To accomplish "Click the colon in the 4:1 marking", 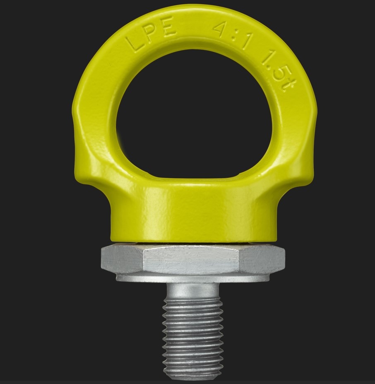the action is (x=235, y=36).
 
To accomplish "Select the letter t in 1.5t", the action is (x=289, y=84).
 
